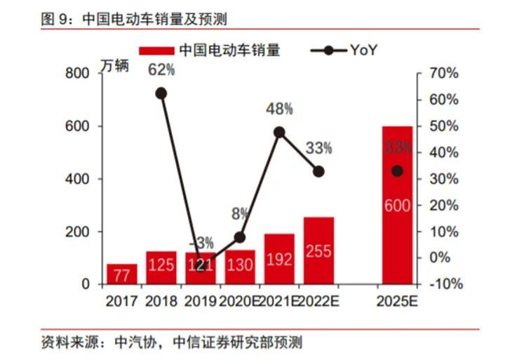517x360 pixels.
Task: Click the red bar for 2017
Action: click(122, 274)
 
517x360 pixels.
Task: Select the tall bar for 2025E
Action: click(397, 205)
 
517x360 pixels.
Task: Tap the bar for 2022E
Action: click(319, 251)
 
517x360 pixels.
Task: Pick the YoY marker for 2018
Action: click(161, 94)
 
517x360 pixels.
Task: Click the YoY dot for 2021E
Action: click(279, 133)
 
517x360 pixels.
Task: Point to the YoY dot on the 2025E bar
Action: click(397, 171)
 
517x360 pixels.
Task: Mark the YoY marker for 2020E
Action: click(240, 237)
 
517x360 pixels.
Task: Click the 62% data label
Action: click(161, 70)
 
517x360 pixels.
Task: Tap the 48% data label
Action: click(280, 109)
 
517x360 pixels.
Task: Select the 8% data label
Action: click(240, 214)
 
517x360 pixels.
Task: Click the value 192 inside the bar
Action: click(279, 260)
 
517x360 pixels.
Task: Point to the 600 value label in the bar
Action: click(397, 206)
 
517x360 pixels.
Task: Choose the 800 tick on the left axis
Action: click(77, 73)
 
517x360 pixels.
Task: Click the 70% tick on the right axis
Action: click(444, 73)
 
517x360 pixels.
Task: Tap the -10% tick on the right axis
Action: click(446, 284)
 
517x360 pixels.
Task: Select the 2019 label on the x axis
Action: click(200, 301)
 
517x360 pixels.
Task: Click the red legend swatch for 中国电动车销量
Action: click(156, 51)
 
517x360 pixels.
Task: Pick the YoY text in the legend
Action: click(363, 51)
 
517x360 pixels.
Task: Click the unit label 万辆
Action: click(115, 66)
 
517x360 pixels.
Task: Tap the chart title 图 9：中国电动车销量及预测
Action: click(134, 19)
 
